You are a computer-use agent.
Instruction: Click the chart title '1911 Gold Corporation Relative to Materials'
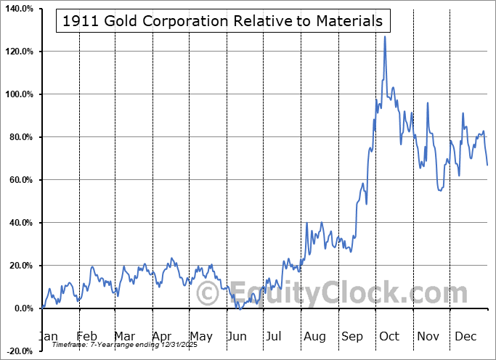click(223, 21)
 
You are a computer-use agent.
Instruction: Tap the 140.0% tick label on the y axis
click(19, 9)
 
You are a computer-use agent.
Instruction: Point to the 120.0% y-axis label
click(19, 52)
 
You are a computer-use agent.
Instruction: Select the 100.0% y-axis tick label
click(19, 94)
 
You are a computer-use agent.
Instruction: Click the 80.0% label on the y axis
click(20, 137)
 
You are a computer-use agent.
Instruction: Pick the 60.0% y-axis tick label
click(20, 180)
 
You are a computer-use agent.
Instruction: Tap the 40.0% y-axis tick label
click(20, 223)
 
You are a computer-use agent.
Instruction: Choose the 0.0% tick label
click(22, 308)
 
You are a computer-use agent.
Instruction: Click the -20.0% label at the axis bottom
click(19, 351)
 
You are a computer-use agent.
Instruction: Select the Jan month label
click(48, 336)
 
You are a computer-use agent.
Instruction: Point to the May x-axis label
click(200, 336)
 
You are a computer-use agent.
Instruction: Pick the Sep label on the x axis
click(351, 336)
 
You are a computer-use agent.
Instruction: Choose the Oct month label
click(389, 336)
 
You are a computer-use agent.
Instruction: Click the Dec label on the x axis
click(465, 336)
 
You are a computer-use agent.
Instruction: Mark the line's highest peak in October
click(385, 36)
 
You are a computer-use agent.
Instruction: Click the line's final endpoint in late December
click(487, 165)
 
